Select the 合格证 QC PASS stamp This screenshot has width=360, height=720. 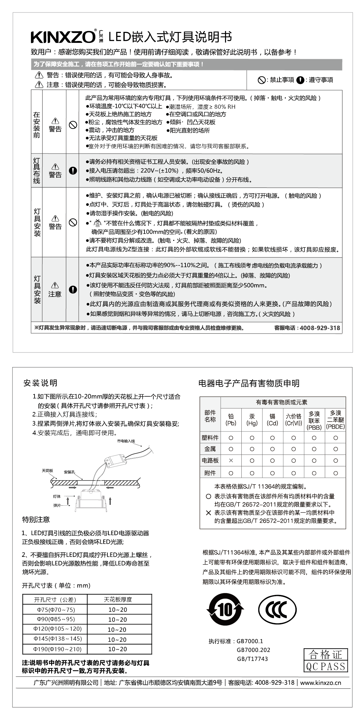(x=325, y=660)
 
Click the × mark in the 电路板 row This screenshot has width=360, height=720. (x=231, y=460)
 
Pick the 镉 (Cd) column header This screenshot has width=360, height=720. (x=272, y=419)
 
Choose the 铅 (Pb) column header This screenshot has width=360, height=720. (x=231, y=419)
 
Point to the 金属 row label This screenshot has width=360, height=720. (x=210, y=449)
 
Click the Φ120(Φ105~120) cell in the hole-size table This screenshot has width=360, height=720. (x=58, y=629)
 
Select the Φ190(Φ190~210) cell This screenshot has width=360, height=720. (x=58, y=649)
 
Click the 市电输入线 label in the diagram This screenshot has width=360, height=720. (x=126, y=441)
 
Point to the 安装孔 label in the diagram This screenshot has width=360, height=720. (x=69, y=472)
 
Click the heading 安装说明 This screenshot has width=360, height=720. (x=40, y=383)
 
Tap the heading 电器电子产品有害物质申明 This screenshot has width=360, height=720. (x=249, y=383)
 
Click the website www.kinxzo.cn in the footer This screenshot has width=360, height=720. (x=320, y=683)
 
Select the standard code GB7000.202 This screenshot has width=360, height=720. (x=253, y=650)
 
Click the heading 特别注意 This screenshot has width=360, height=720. (x=36, y=519)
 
